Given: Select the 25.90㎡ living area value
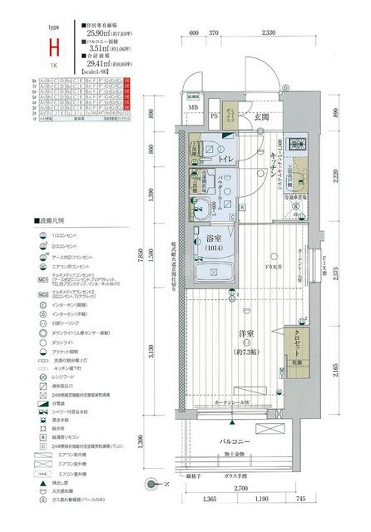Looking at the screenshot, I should click(102, 33).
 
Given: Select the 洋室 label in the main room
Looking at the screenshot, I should click(246, 334).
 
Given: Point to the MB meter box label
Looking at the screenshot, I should click(192, 106).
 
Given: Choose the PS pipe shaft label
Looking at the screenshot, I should click(215, 116).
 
